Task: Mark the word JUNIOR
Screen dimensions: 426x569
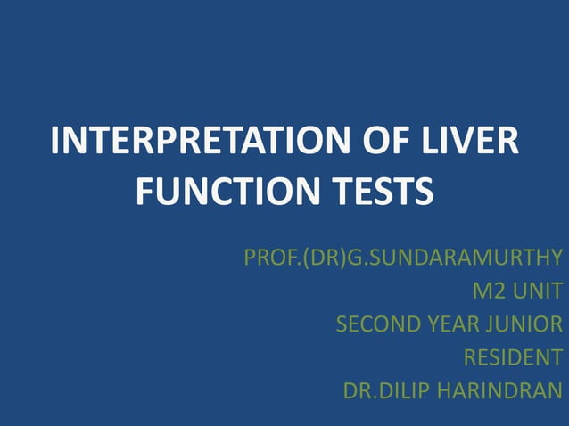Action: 527,324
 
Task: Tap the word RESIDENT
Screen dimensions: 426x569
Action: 513,357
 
